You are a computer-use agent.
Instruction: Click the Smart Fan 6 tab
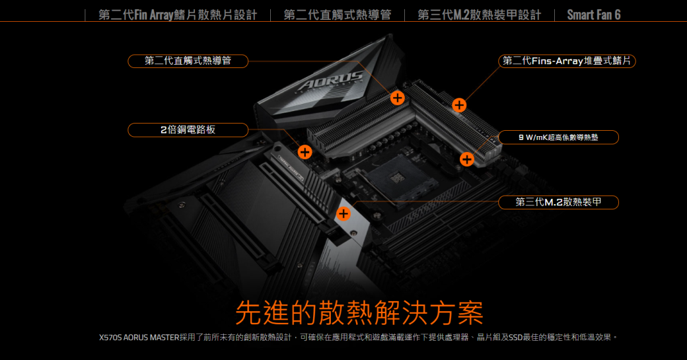[594, 15]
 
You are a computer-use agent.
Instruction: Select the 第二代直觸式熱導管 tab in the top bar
[338, 15]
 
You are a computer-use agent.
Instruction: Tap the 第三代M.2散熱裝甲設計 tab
[480, 15]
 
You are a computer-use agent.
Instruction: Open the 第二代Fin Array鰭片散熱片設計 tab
[178, 15]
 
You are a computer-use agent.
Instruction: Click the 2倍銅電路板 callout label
[188, 129]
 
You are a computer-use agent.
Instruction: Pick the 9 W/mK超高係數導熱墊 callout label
[558, 137]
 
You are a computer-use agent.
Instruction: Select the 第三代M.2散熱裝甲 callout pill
[558, 202]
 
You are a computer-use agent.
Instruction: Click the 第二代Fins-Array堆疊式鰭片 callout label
[567, 61]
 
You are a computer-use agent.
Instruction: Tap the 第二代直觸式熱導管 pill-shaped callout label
[188, 61]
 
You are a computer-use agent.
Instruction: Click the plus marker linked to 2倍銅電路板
[305, 152]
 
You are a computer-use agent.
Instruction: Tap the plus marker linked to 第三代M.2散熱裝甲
[343, 214]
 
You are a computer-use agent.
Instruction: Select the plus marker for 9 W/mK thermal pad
[467, 159]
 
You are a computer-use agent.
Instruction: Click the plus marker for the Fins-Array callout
[459, 105]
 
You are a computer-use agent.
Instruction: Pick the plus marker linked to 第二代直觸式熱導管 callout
[398, 98]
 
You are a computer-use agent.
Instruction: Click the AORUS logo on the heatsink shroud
[331, 80]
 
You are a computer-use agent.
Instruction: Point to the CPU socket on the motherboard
[396, 178]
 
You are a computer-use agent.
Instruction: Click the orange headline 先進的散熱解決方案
[359, 313]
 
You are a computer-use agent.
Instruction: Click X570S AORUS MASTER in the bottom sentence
[139, 338]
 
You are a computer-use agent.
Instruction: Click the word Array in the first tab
[161, 15]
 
